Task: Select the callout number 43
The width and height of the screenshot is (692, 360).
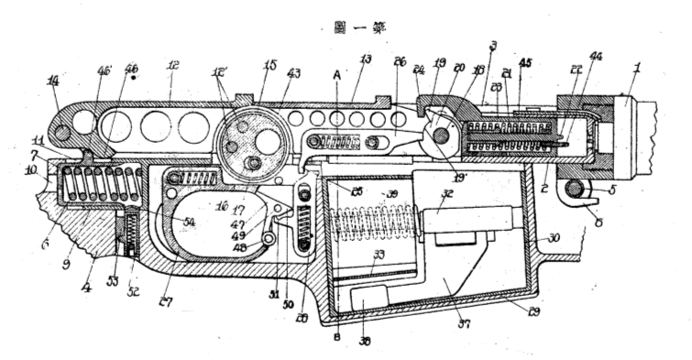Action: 294,74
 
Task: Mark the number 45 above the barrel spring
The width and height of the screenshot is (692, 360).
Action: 524,64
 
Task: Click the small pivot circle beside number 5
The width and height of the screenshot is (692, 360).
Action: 576,189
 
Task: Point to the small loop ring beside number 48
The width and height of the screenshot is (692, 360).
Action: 269,237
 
